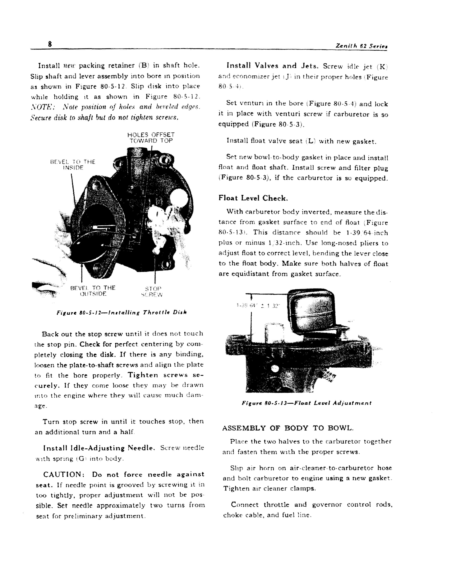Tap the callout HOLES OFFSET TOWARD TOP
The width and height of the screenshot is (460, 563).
tap(151, 138)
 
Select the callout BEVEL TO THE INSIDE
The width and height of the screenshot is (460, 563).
tap(73, 165)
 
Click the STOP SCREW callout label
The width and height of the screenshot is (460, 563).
tap(152, 291)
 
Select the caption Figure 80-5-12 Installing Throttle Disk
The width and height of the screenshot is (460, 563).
tap(122, 312)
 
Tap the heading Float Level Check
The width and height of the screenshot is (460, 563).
tap(253, 198)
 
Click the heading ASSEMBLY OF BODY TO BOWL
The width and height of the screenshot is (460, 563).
tap(287, 428)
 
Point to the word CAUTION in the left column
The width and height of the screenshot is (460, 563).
tap(64, 474)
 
